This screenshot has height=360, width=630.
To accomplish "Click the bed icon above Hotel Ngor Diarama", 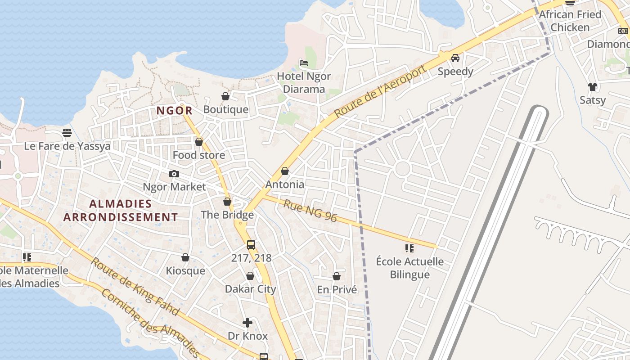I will pos(304,63).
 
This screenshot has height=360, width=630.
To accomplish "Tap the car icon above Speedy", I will pos(455,58).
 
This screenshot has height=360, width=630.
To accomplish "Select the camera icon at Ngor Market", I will pos(174,174).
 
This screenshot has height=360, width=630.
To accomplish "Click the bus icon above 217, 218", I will pos(251,245).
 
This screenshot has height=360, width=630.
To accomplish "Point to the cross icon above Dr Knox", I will pos(247,323).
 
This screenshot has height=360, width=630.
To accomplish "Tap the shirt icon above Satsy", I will pos(592,87).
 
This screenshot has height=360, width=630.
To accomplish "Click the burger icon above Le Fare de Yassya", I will pos(67,133).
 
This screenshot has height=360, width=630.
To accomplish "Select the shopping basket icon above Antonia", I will pos(284,171).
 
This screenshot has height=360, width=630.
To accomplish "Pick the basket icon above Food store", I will pos(199,142).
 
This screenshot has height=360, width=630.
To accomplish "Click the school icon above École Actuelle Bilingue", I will pos(409,248).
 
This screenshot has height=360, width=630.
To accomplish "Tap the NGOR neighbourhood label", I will pos(175,111).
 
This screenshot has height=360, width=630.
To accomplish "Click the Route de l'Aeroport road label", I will pos(380,92).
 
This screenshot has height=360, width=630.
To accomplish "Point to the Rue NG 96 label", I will pos(310,211).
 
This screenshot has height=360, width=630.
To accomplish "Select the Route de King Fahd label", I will pos(135,286).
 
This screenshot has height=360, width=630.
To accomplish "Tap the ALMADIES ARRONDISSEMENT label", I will pos(121,211).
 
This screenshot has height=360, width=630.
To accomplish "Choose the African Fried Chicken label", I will pos(570,21).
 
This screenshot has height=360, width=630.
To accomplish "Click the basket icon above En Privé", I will pos(337,276).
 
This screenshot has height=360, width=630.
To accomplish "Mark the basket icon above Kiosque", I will pos(185,257).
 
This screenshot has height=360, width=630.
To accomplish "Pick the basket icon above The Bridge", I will pos(227,202).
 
